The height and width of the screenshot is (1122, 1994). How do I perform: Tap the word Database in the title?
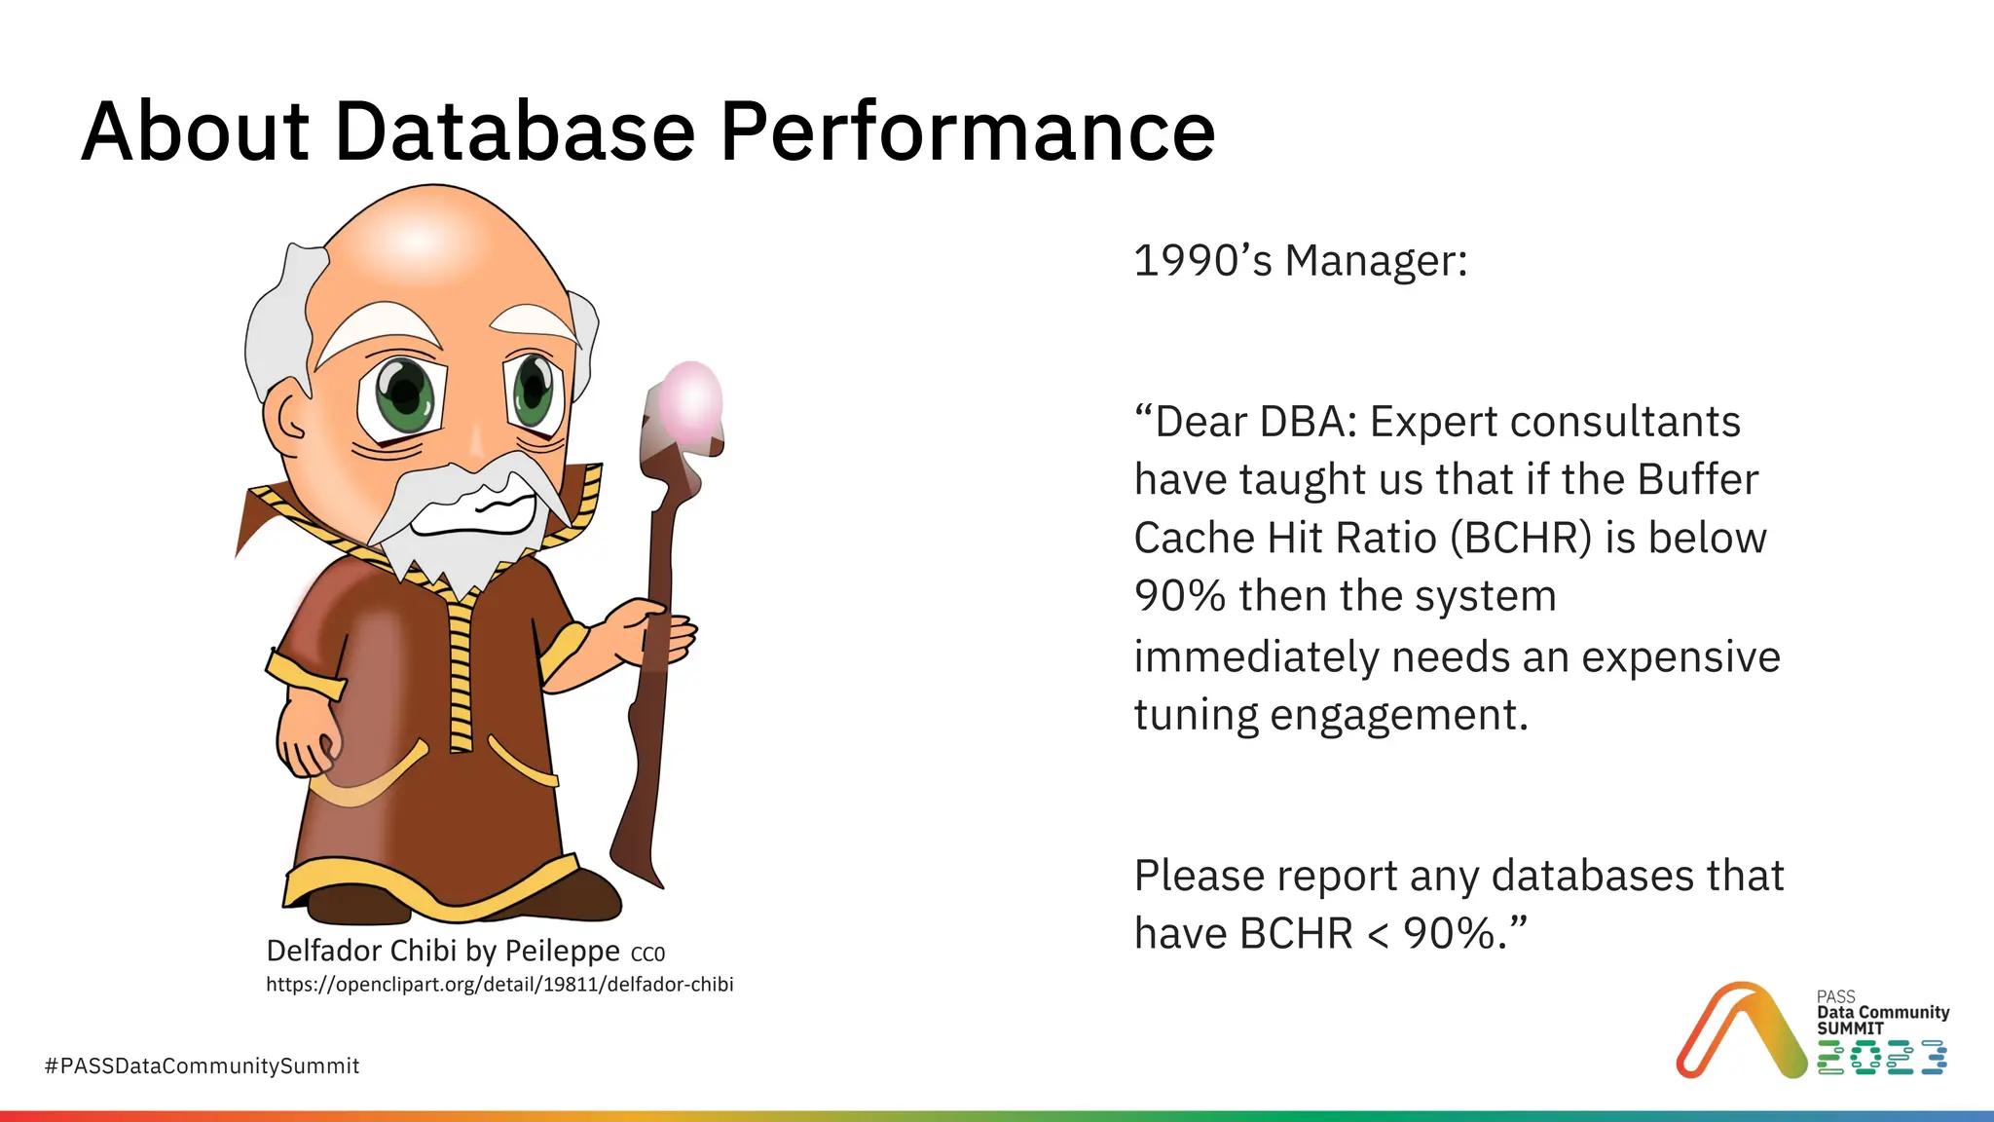click(x=515, y=132)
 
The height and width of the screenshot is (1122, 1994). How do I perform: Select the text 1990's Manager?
click(x=1301, y=261)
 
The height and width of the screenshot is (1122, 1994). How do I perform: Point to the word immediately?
click(x=1256, y=656)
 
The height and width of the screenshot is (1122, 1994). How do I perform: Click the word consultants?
click(x=1625, y=422)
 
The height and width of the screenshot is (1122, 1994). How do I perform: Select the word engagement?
click(x=1399, y=715)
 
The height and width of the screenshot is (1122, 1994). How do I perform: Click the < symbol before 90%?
click(x=1378, y=934)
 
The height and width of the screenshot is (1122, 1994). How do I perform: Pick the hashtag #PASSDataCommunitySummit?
click(x=202, y=1066)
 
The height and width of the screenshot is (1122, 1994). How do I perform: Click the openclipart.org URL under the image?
click(x=499, y=985)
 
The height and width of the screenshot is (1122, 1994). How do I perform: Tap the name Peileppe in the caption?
click(x=562, y=951)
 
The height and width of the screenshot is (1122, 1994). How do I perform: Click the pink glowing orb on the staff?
click(x=690, y=401)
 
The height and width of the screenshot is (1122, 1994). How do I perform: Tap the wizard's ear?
click(x=289, y=419)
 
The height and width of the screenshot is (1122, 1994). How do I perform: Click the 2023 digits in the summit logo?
click(x=1881, y=1057)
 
